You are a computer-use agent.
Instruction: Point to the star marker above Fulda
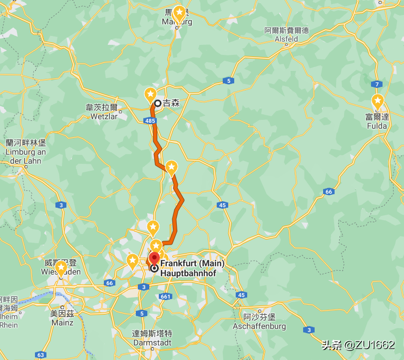click(378, 101)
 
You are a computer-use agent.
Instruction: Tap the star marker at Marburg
click(179, 14)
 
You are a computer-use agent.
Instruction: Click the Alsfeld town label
click(286, 35)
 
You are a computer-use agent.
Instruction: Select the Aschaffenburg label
click(259, 322)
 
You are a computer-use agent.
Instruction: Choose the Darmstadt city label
click(152, 339)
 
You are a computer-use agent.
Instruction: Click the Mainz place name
click(61, 318)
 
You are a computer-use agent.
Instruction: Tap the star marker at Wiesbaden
click(61, 268)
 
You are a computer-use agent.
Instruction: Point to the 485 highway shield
click(150, 121)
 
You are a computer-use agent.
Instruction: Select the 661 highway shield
click(166, 297)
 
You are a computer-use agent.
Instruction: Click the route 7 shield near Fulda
click(378, 84)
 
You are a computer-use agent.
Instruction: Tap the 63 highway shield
click(40, 355)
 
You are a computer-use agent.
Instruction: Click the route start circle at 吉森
click(157, 103)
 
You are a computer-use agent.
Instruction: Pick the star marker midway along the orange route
click(171, 167)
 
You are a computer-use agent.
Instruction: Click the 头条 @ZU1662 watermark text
click(358, 345)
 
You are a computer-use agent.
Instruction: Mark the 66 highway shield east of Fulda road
click(328, 191)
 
